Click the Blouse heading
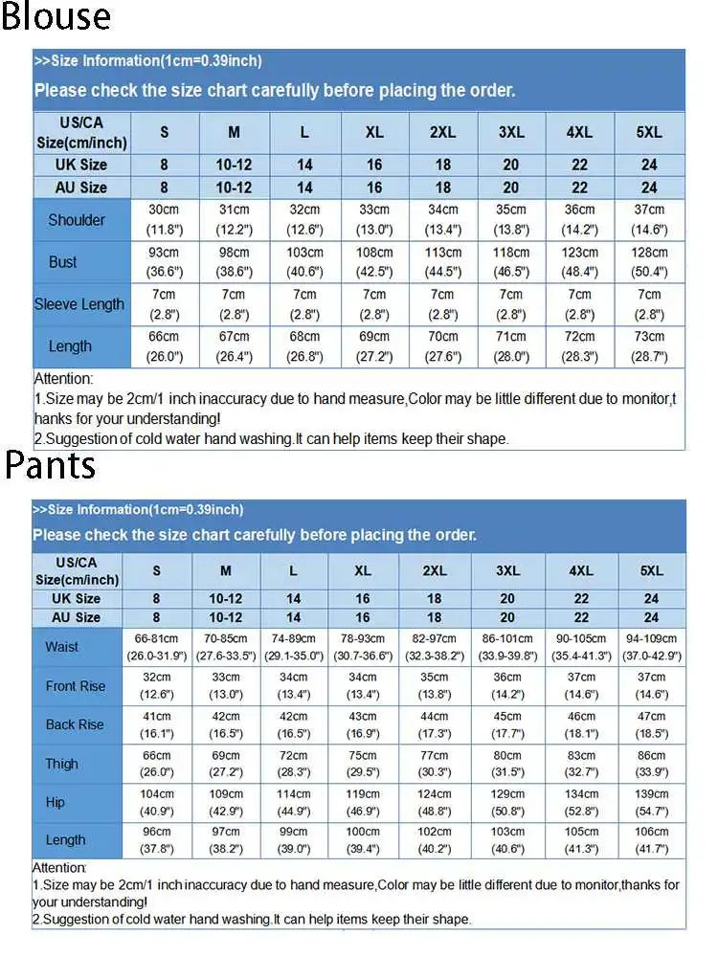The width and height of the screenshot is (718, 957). [56, 17]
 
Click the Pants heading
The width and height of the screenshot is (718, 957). [51, 466]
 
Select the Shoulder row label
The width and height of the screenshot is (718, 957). [77, 220]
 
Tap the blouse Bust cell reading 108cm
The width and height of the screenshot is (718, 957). [374, 261]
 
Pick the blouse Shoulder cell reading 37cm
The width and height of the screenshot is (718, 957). [649, 219]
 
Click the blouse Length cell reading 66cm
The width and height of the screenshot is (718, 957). [164, 346]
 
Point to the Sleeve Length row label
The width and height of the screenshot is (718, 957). [79, 304]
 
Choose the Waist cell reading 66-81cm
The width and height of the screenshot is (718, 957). [157, 647]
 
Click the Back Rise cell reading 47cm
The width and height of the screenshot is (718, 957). [652, 724]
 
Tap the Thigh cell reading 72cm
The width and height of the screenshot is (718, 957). [293, 764]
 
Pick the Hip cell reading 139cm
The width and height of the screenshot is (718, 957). [652, 802]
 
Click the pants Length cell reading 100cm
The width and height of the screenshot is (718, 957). [363, 840]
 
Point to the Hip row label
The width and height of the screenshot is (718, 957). [56, 802]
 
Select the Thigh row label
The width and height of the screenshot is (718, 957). [62, 764]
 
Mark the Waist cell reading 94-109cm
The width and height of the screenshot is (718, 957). [652, 647]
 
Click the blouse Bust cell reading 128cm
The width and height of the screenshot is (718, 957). [649, 261]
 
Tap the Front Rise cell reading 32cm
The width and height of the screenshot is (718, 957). [157, 686]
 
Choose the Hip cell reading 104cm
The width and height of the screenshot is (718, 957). [157, 802]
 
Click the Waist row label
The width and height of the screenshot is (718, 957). [62, 647]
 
